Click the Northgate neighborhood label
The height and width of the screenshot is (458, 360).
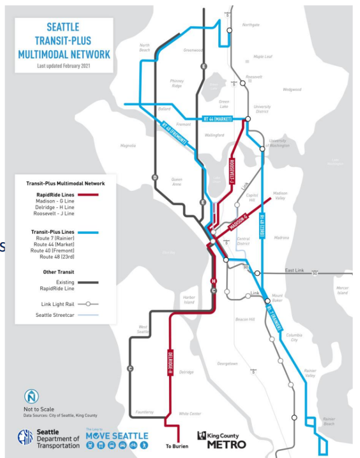[251, 25]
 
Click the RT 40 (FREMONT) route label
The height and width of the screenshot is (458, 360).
[173, 134]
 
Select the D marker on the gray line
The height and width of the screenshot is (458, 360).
[154, 178]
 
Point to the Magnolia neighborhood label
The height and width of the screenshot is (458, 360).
[128, 146]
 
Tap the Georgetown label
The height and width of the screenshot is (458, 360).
[227, 364]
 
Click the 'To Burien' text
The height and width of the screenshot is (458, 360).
[177, 446]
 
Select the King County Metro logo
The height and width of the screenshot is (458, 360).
[221, 439]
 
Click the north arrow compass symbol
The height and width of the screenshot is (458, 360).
[32, 397]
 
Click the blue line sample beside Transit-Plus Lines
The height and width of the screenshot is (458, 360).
[88, 232]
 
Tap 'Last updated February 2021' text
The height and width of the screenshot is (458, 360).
[64, 66]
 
